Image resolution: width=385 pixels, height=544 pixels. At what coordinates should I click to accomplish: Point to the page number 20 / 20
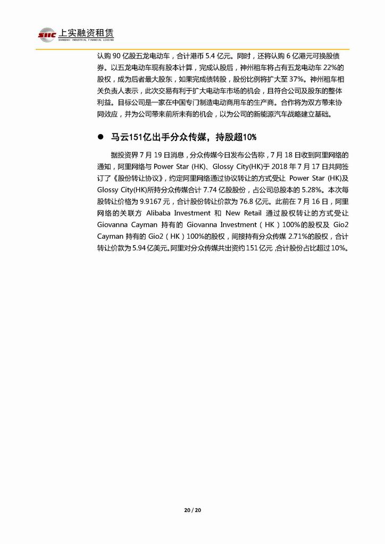point(192,511)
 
